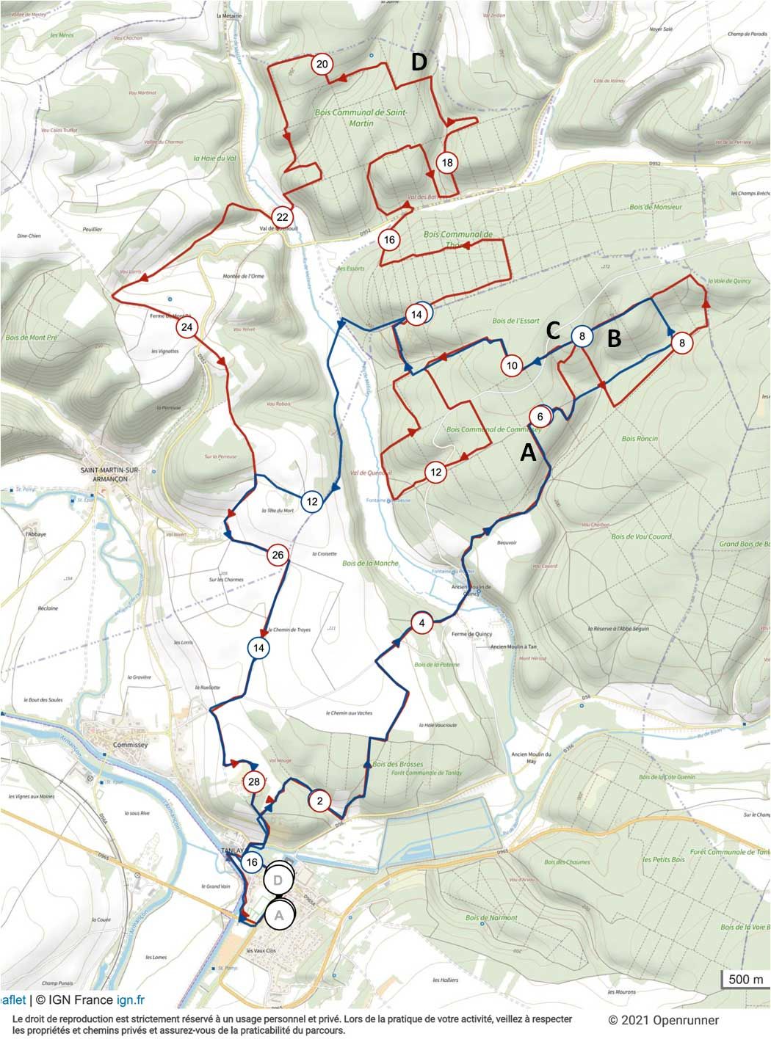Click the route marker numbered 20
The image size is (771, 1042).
(x=322, y=65)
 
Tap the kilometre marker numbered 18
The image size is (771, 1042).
(x=446, y=162)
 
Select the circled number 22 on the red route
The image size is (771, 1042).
(x=282, y=216)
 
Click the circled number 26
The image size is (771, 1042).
(x=278, y=555)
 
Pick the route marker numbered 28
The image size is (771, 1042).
(x=254, y=782)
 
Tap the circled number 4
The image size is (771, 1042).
(x=421, y=624)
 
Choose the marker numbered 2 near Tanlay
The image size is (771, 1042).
(x=319, y=800)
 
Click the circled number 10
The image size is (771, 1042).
(x=512, y=365)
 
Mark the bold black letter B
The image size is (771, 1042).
(x=614, y=339)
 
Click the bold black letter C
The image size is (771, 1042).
(x=554, y=332)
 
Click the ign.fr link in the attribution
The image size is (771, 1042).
(x=131, y=999)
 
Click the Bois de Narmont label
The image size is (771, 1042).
(x=491, y=917)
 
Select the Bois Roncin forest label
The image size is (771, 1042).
(x=640, y=439)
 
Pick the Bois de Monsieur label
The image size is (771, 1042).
(x=656, y=208)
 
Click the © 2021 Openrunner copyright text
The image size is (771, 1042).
(x=663, y=1020)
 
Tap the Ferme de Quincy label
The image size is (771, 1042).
(x=471, y=634)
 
